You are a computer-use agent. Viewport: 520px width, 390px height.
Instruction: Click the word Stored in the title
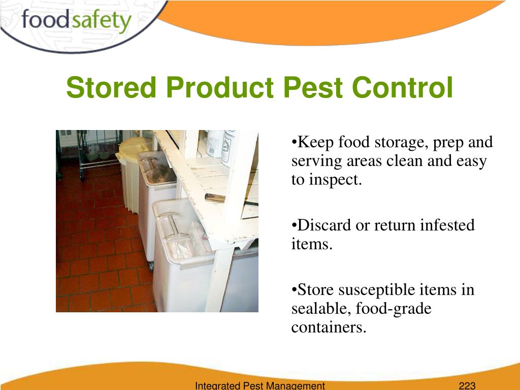pos(111,87)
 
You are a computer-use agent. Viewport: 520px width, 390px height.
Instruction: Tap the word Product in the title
pos(219,87)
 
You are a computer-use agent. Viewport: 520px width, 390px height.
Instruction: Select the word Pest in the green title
pos(312,87)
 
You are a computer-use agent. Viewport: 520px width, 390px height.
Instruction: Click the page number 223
pos(467,385)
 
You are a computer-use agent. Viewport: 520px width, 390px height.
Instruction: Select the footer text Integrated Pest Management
pos(259,385)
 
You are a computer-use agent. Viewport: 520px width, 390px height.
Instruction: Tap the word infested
pos(447,225)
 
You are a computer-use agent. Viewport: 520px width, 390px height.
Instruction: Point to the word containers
pos(329,328)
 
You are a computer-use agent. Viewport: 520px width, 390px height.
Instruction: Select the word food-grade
pos(394,309)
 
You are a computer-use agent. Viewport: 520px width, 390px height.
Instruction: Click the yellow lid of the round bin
pos(134,150)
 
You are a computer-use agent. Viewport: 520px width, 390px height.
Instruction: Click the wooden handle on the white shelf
pos(215,198)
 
